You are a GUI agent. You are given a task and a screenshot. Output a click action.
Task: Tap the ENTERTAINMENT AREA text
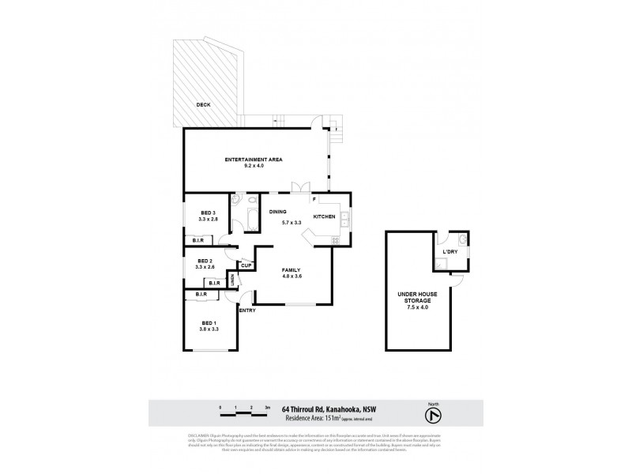(x=254, y=160)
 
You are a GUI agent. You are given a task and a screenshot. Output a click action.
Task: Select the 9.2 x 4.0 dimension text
(x=254, y=167)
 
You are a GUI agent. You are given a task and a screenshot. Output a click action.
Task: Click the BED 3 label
(x=209, y=212)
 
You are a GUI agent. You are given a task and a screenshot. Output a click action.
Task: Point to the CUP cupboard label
(x=246, y=265)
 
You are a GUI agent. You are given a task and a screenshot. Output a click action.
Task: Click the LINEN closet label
(x=232, y=280)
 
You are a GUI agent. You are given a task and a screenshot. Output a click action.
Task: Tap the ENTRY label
(x=246, y=311)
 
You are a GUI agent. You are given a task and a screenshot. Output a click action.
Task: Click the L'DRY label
(x=450, y=251)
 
